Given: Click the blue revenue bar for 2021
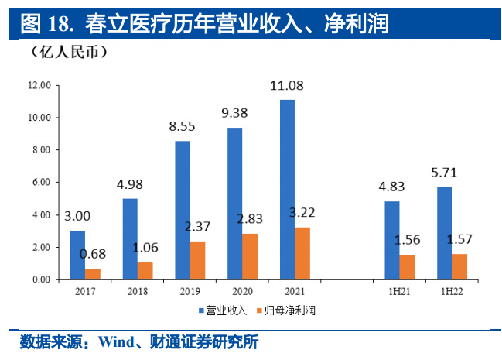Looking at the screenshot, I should [287, 190].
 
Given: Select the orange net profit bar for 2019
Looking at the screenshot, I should [197, 260].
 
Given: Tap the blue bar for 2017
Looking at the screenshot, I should [77, 255].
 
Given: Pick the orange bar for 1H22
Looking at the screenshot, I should [459, 266].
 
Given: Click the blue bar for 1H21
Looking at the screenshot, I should [392, 240].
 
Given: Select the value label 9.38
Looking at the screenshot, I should [235, 112].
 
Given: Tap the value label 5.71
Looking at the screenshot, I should [445, 171].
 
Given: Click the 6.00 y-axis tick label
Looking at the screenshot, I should [39, 182].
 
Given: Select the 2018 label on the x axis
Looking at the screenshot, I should [136, 292].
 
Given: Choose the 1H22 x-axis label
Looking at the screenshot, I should [452, 292].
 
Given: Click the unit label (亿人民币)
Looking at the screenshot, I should [69, 53].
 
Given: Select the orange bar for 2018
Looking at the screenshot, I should [145, 270].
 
